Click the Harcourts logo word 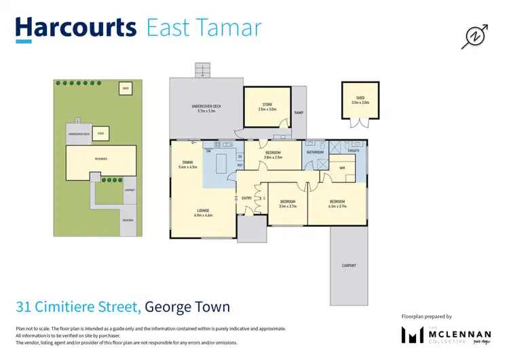point(76,28)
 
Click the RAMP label point(297,113)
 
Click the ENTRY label point(246,198)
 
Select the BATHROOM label point(316,152)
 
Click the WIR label point(342,167)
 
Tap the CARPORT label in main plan point(349,266)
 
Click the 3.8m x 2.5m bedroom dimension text point(272,158)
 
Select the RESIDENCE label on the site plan point(100,159)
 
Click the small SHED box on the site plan point(125,89)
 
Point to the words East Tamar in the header point(203,28)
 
